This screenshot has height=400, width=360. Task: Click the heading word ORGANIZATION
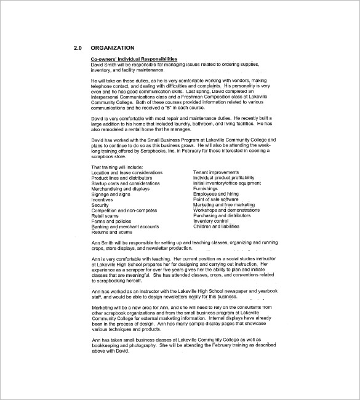[113, 48]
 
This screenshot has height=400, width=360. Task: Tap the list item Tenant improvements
[217, 172]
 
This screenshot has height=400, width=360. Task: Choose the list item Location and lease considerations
[127, 172]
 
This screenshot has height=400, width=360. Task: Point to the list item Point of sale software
[215, 199]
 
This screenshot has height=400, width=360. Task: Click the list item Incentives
[102, 199]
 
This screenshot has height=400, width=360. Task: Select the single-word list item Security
[100, 205]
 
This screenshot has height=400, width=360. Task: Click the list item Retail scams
[105, 216]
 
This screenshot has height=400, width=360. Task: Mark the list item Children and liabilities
[216, 226]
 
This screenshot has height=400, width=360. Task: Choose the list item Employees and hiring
[216, 194]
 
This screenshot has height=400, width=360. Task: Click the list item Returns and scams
[111, 232]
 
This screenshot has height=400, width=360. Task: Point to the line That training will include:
[117, 167]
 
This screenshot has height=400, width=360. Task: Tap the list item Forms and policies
[111, 222]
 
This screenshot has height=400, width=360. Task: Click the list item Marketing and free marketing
[223, 205]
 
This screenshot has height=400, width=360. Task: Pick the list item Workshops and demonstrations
[226, 210]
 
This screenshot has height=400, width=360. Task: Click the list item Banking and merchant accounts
[124, 226]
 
